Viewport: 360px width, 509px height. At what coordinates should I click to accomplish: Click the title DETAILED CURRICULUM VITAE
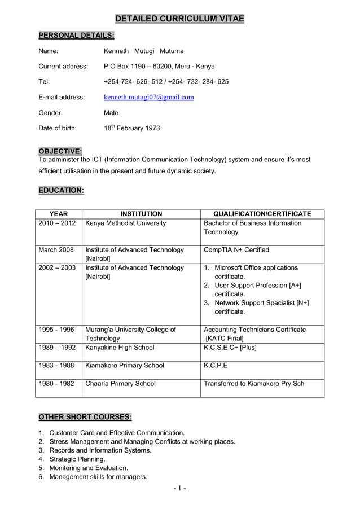click(x=180, y=19)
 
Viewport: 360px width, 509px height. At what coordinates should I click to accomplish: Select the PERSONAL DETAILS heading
click(x=76, y=36)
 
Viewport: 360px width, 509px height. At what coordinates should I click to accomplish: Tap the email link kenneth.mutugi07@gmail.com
click(x=149, y=97)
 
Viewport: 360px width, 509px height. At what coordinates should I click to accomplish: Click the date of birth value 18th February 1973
click(x=132, y=128)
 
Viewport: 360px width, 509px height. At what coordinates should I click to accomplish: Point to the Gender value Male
click(x=111, y=113)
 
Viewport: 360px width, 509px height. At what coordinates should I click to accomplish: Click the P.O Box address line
click(x=159, y=66)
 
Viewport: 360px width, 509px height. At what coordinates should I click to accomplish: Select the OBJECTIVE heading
click(x=60, y=151)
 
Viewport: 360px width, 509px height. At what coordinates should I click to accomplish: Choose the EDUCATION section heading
click(x=61, y=191)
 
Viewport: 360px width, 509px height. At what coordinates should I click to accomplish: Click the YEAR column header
click(x=59, y=214)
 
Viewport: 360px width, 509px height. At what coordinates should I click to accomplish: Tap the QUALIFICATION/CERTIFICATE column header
click(x=262, y=214)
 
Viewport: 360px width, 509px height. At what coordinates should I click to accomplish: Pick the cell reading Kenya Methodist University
click(x=125, y=223)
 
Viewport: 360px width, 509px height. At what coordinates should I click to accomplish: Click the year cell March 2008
click(x=56, y=249)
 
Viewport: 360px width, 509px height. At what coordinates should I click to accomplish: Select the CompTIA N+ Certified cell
click(x=236, y=249)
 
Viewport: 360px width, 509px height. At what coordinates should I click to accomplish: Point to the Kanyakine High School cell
click(x=120, y=347)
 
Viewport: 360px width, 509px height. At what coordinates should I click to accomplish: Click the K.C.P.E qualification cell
click(x=216, y=365)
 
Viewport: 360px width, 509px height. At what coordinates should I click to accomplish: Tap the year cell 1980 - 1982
click(x=56, y=383)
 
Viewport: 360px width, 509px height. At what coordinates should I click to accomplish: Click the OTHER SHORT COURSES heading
click(x=85, y=417)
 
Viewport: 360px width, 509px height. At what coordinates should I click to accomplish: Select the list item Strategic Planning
click(x=77, y=459)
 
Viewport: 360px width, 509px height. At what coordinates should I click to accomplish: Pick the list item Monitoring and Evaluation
click(x=89, y=468)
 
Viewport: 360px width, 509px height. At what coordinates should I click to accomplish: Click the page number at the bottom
click(x=180, y=488)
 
